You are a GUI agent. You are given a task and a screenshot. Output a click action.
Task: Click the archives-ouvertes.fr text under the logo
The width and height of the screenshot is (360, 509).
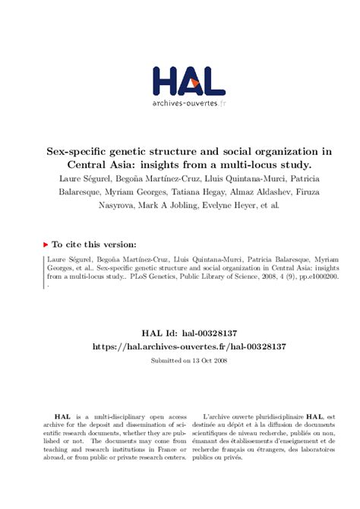[188, 103]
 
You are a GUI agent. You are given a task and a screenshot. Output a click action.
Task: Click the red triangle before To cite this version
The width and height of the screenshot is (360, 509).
[46, 245]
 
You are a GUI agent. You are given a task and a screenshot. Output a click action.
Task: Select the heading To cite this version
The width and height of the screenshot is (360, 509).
[94, 245]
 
